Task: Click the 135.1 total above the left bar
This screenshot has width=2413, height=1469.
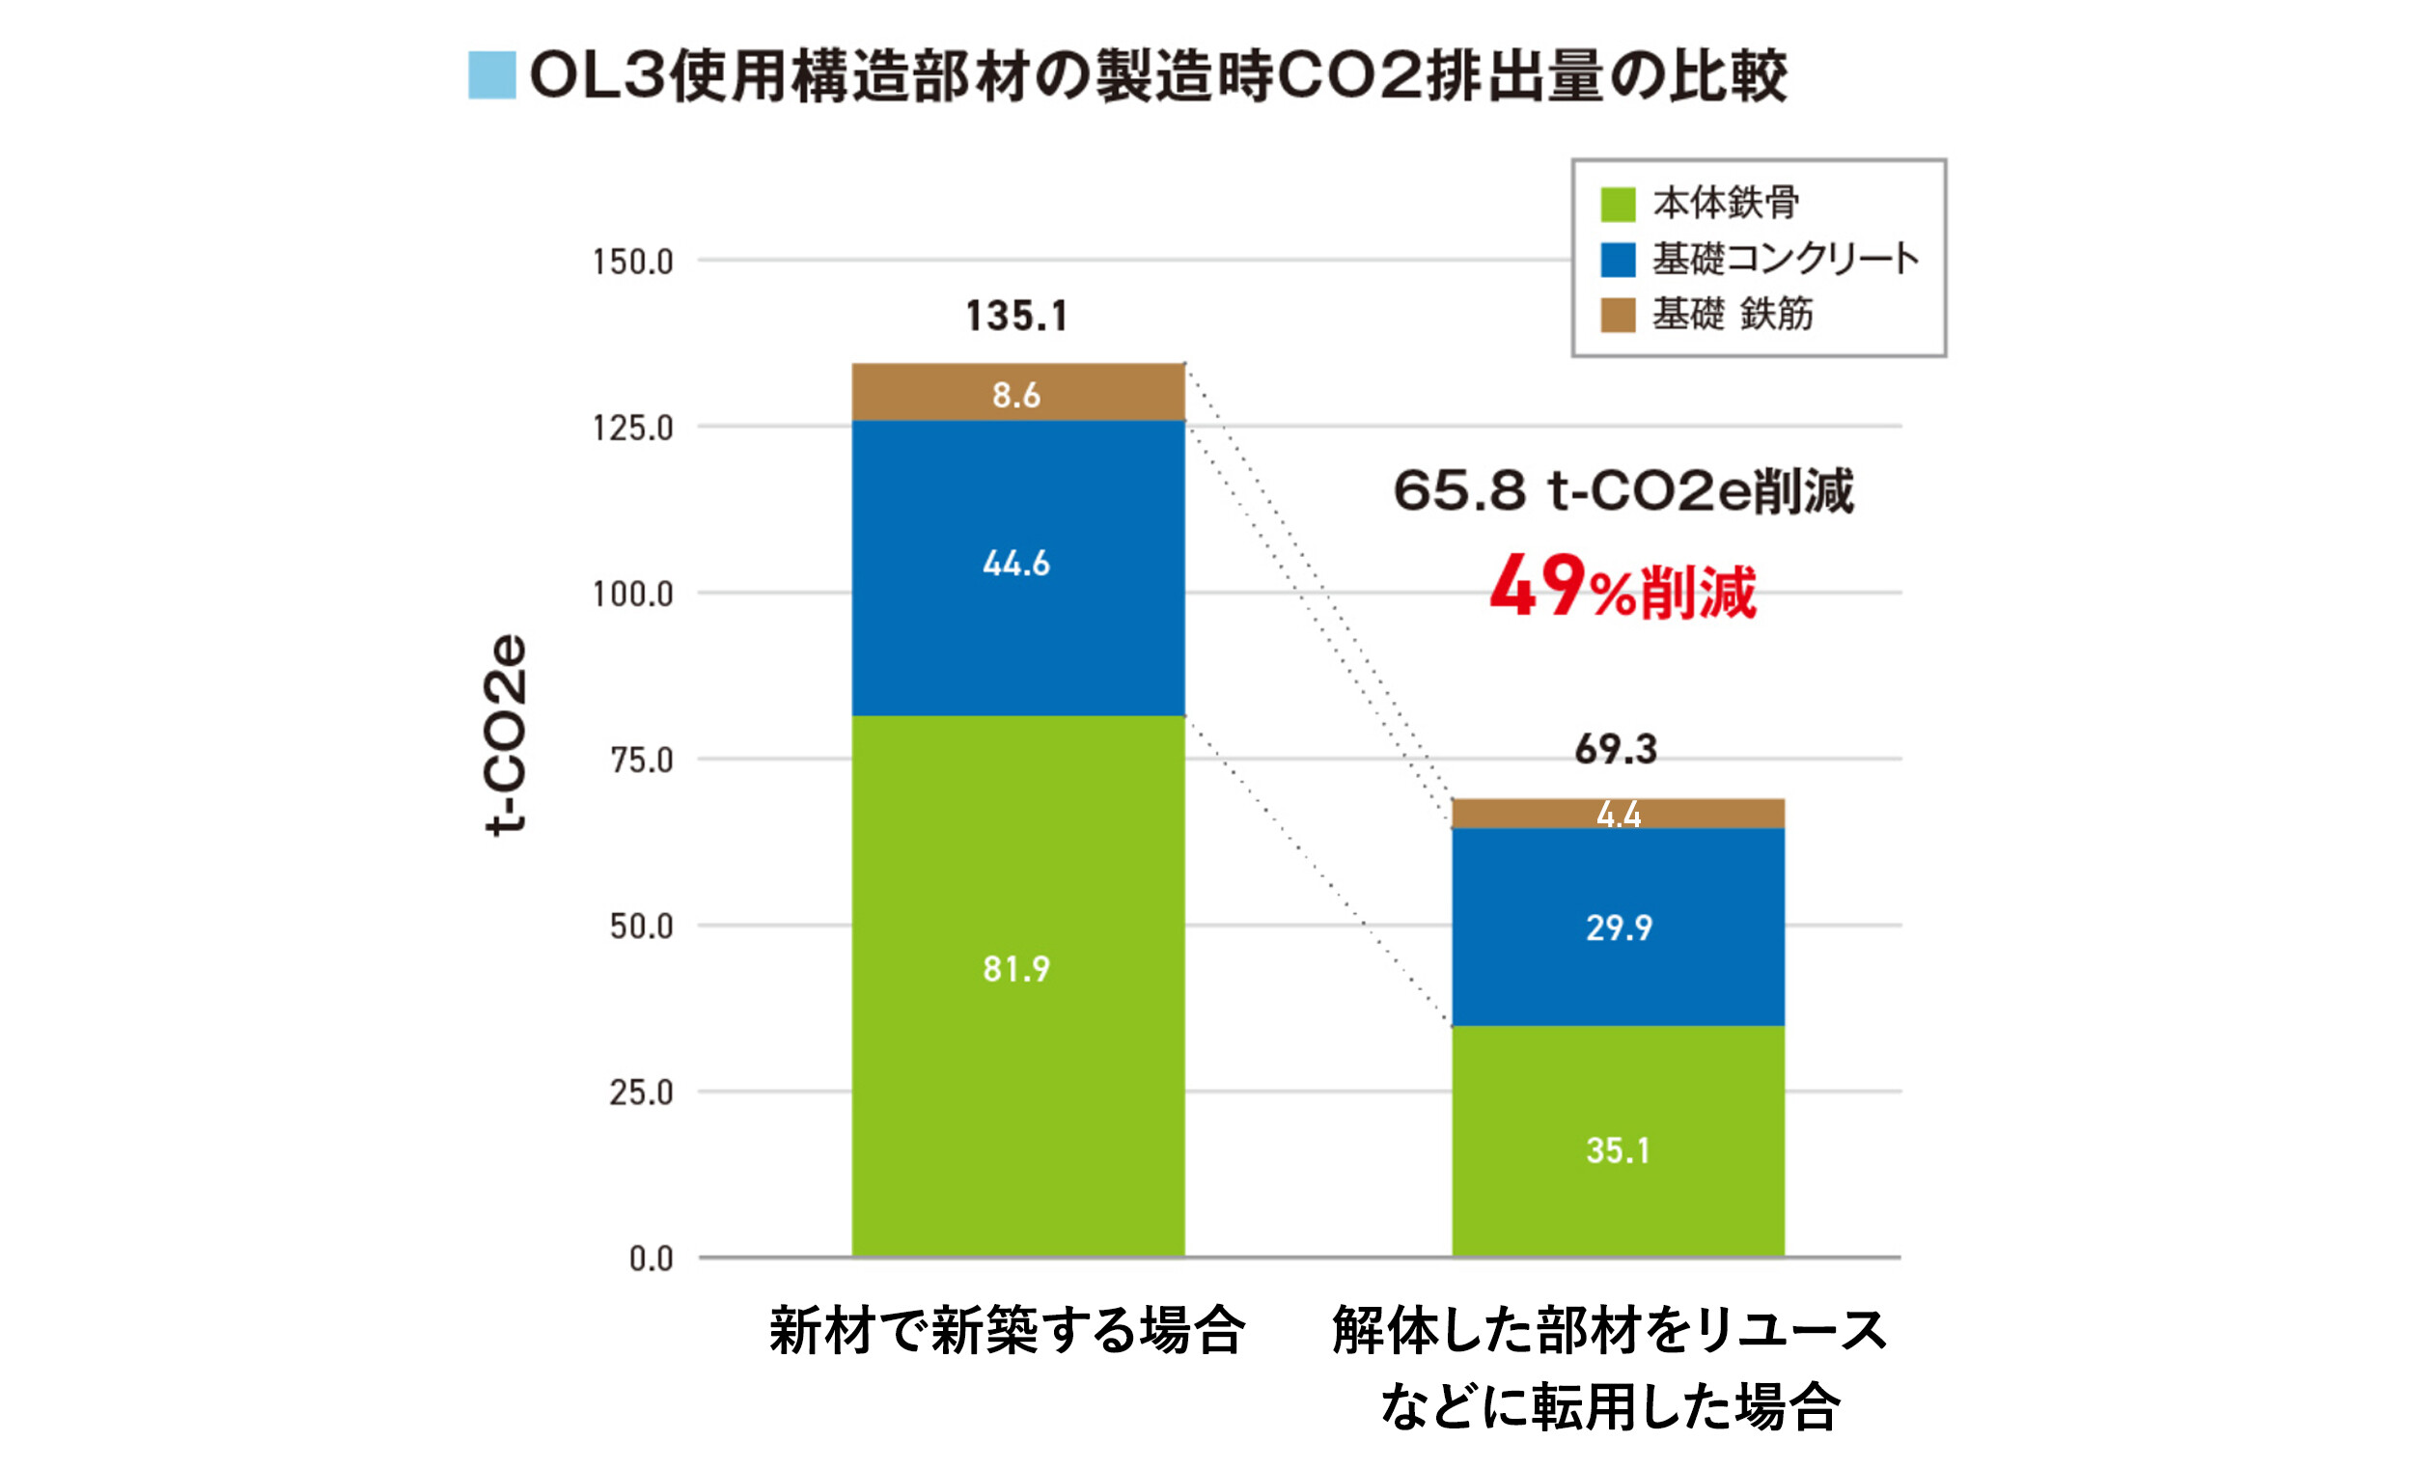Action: click(1016, 317)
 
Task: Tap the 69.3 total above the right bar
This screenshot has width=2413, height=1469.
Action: click(1616, 749)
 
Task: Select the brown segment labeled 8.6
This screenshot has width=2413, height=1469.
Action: click(1018, 393)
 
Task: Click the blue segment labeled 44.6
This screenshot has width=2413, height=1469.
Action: click(1018, 568)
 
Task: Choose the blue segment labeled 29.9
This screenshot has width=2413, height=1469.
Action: click(1618, 926)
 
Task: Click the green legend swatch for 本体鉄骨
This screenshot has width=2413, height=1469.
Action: click(1618, 205)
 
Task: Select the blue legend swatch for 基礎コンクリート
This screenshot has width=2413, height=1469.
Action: click(1618, 260)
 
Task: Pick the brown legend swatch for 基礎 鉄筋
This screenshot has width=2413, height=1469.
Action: click(1618, 316)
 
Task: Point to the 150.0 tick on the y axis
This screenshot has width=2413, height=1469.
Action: click(632, 263)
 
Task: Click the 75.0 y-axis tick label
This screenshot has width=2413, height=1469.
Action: click(642, 761)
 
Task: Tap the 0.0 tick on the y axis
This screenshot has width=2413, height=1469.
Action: click(652, 1260)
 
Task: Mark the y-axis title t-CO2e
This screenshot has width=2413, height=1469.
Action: click(507, 734)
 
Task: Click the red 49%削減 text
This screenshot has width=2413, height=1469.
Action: click(1623, 588)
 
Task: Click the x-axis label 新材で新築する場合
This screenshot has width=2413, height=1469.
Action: click(1007, 1332)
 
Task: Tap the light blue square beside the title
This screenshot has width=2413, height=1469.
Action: click(491, 75)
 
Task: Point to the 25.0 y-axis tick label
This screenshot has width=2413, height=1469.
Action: click(642, 1093)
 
